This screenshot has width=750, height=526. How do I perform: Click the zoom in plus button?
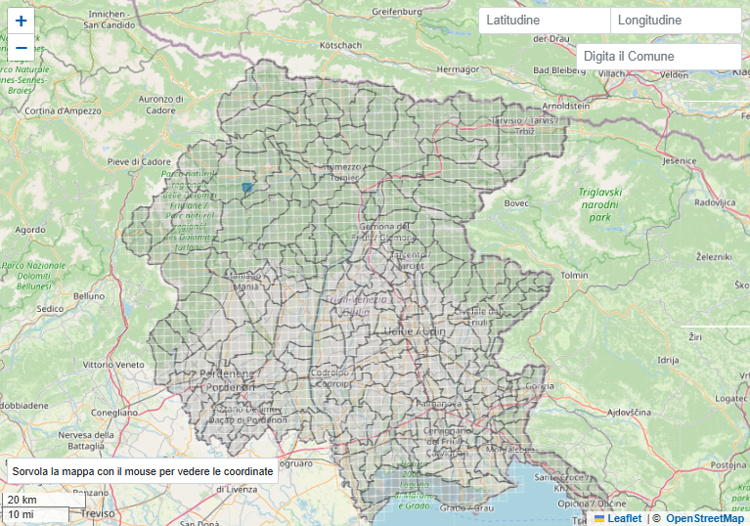[22, 21]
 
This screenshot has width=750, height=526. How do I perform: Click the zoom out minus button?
[22, 47]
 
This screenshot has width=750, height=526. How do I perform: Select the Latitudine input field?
[544, 21]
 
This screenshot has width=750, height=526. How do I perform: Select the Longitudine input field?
[675, 21]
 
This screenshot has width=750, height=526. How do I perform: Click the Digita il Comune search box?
[658, 57]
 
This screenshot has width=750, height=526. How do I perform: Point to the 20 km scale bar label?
[22, 500]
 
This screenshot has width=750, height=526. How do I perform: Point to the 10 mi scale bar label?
[21, 514]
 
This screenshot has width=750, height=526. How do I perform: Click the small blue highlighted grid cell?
[247, 187]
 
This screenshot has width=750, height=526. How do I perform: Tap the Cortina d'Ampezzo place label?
[64, 110]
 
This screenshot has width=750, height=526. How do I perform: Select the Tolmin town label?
[574, 276]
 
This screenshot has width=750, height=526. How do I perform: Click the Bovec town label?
[515, 203]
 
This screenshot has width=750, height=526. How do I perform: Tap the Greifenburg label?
[401, 12]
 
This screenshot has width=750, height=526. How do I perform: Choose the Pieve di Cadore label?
[139, 161]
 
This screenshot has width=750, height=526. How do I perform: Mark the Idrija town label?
[668, 360]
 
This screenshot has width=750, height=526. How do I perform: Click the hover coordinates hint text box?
[143, 471]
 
